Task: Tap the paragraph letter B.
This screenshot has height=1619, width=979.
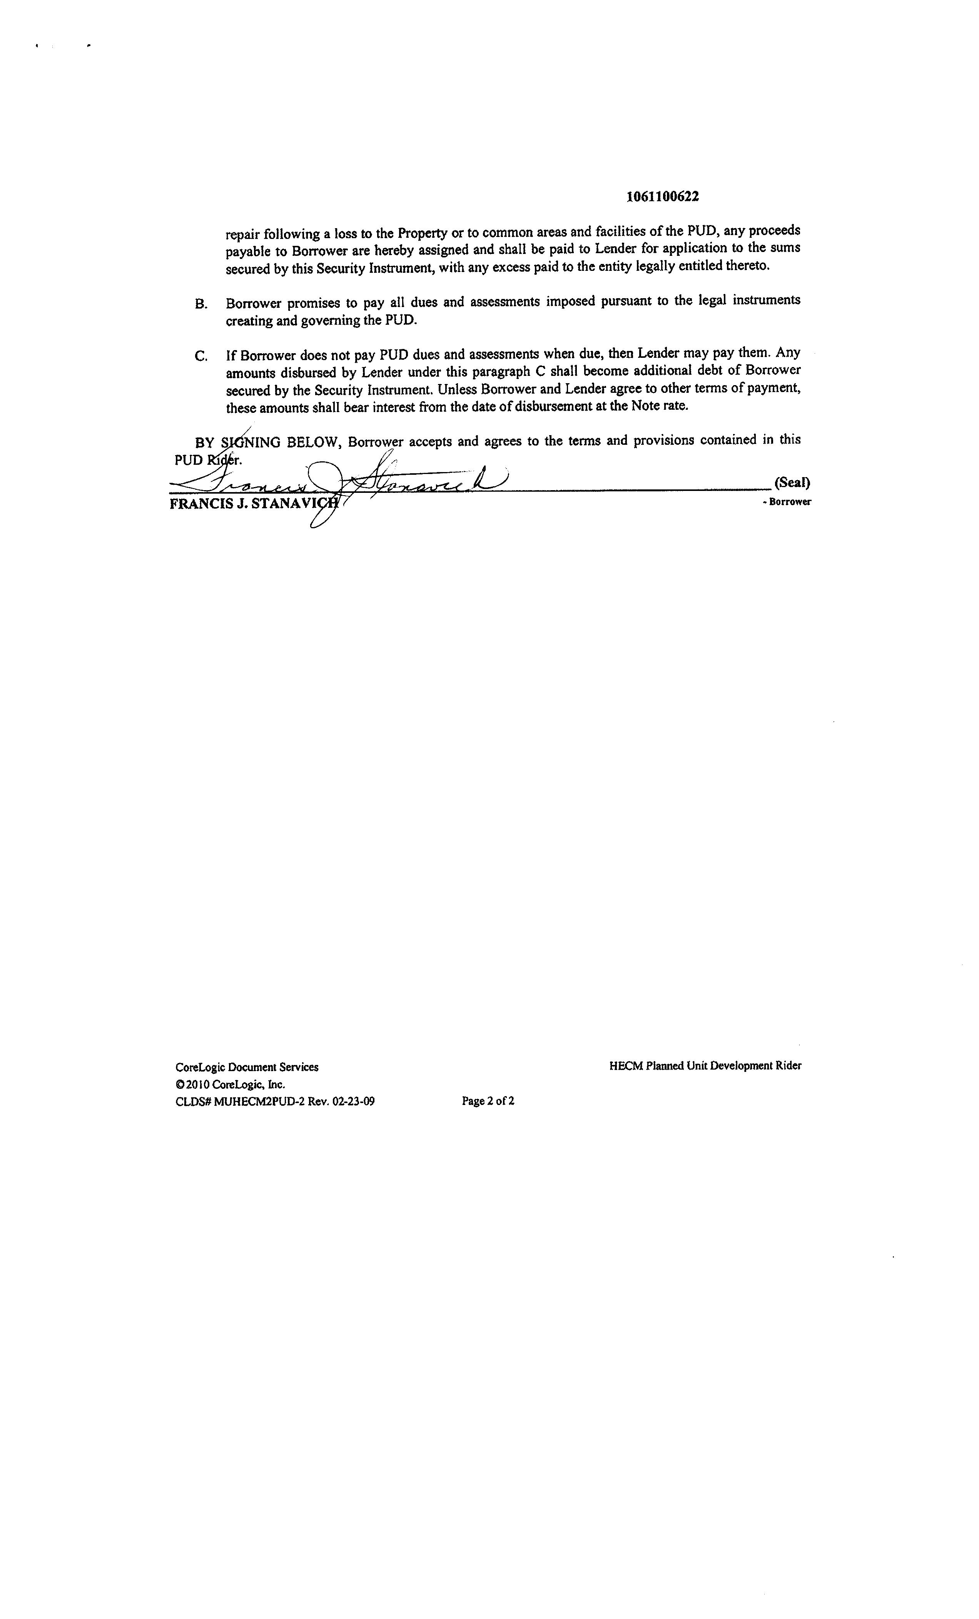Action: pyautogui.click(x=201, y=304)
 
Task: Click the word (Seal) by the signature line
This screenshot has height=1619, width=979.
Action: pyautogui.click(x=792, y=482)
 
